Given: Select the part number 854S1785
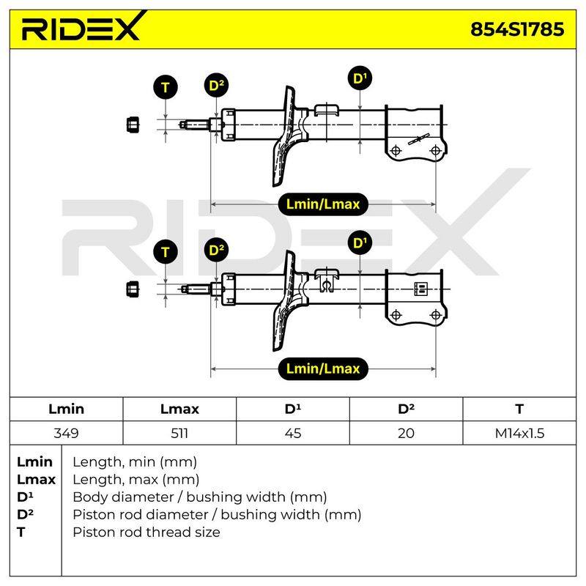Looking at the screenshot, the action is (x=517, y=29).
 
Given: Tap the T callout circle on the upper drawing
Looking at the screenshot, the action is (x=166, y=87).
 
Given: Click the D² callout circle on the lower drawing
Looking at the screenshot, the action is (x=216, y=250).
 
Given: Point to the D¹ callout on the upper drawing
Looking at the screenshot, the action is (x=360, y=78).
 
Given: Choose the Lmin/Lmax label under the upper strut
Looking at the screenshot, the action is (x=323, y=204).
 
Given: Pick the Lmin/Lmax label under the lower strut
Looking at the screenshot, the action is (x=323, y=369).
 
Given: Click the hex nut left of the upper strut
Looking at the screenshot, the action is (x=133, y=125).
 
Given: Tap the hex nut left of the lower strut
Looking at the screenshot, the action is (x=133, y=289).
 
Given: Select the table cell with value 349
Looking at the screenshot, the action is (x=66, y=433).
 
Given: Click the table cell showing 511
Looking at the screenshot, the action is (x=179, y=433).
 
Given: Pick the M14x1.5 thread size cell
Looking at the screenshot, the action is (x=519, y=433).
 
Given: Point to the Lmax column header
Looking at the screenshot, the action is (x=179, y=409).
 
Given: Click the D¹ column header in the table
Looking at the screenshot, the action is (x=292, y=409).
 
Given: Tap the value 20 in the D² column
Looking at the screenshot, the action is (x=406, y=433).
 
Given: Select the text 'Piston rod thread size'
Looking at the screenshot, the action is (x=146, y=532).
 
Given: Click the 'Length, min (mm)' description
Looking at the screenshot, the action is (x=135, y=462).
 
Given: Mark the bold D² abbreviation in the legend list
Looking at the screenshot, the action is (x=25, y=514).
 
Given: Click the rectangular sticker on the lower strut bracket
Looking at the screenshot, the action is (x=420, y=289).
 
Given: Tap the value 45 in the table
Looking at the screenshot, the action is (x=292, y=433).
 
